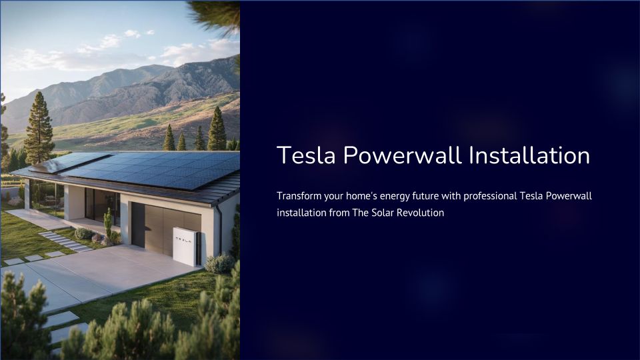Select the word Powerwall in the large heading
coord(403,155)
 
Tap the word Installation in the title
coord(529,155)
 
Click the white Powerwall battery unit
coord(187,246)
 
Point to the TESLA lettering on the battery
coord(183,241)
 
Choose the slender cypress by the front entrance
coord(108,225)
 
